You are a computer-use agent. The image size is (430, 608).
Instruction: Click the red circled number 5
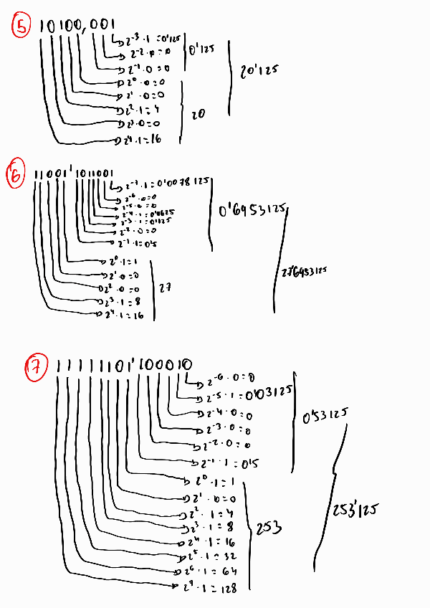click(22, 27)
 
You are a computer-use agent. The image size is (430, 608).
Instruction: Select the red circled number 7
click(36, 368)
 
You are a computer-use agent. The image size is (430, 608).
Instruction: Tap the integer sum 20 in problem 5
click(198, 113)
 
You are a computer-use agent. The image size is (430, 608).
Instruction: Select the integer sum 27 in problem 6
click(165, 288)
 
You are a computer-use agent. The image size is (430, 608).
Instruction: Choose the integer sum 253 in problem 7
click(266, 528)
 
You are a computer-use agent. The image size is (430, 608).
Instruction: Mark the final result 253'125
click(356, 510)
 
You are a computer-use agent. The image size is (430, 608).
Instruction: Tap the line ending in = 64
click(208, 571)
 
